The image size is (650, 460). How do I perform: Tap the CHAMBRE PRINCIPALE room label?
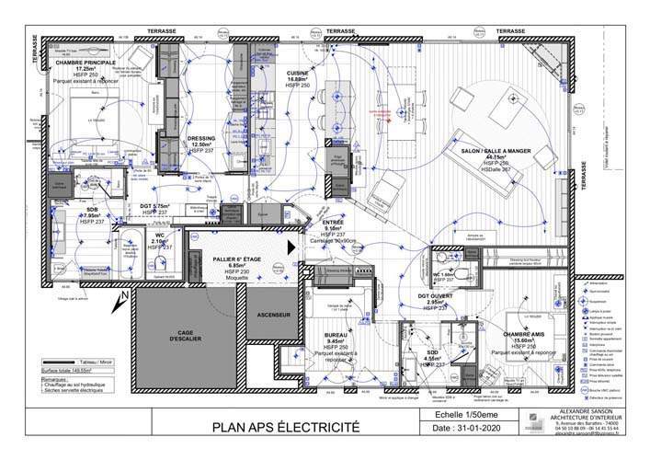86,63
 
